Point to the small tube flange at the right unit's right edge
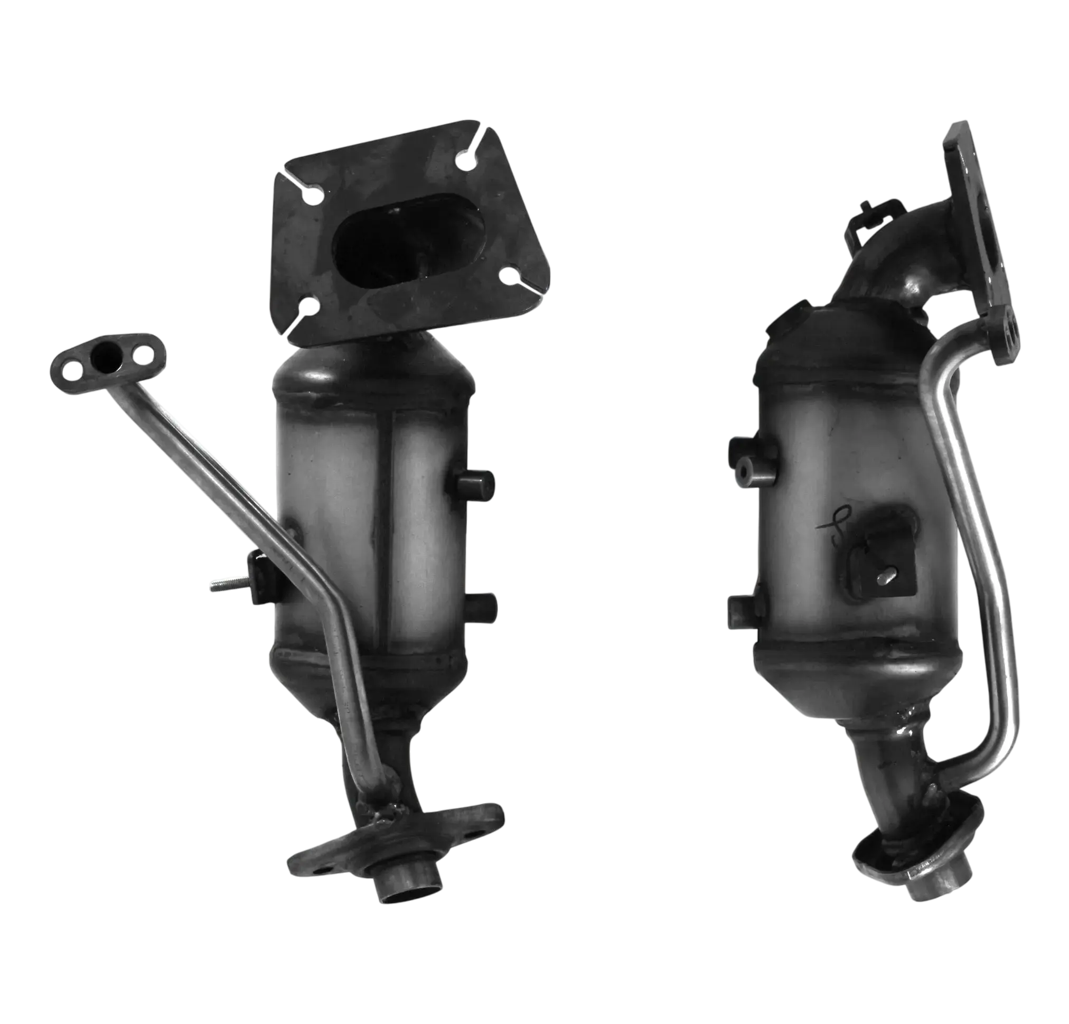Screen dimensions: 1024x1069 pyautogui.click(x=1008, y=334)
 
